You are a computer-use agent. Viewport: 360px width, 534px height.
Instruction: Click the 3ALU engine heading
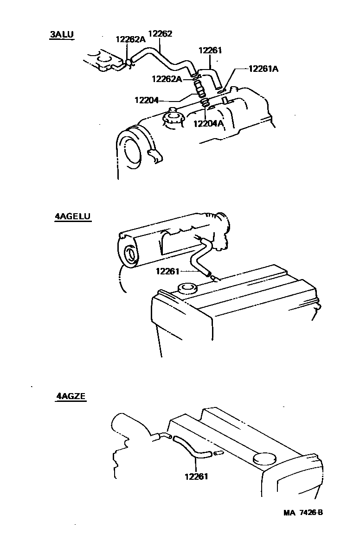click(x=62, y=34)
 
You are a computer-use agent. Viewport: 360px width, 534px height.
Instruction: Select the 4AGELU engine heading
click(x=72, y=216)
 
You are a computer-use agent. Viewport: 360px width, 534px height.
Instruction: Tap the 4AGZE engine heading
click(x=71, y=396)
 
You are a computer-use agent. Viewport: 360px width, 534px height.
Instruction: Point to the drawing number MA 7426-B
click(x=303, y=513)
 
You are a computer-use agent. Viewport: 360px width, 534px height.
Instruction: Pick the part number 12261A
click(x=263, y=69)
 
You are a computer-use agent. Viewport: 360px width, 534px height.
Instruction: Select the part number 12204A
click(x=208, y=123)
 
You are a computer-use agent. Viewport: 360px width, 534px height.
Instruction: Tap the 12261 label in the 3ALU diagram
click(x=210, y=50)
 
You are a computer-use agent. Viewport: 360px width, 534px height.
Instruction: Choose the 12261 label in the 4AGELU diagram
click(x=167, y=271)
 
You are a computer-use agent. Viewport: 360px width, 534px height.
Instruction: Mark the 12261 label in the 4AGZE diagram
click(x=196, y=476)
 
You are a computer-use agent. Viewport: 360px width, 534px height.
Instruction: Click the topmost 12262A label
click(x=130, y=40)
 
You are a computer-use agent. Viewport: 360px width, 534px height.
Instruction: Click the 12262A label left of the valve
click(x=167, y=79)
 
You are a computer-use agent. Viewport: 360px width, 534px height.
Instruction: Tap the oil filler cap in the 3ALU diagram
click(x=173, y=118)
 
